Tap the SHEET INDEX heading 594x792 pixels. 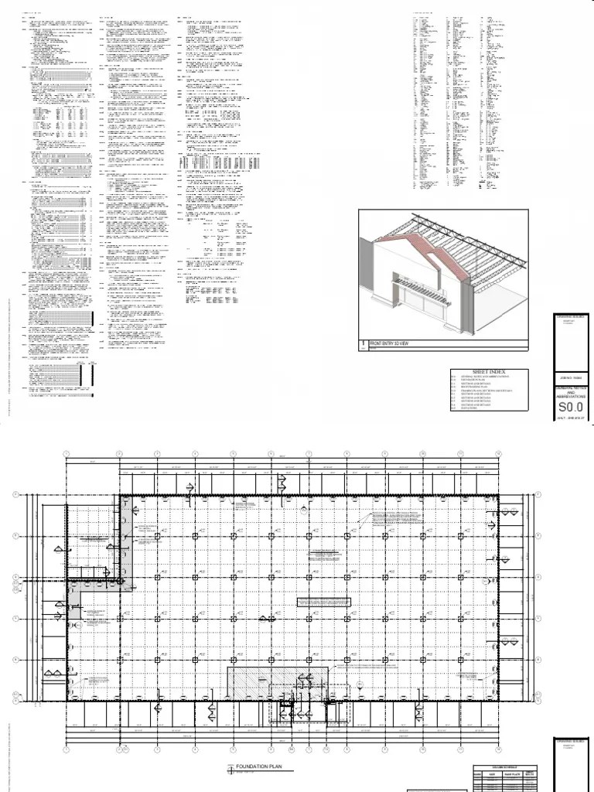(486, 372)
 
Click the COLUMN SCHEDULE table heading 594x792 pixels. (505, 768)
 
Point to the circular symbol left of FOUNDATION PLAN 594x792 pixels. (230, 768)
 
